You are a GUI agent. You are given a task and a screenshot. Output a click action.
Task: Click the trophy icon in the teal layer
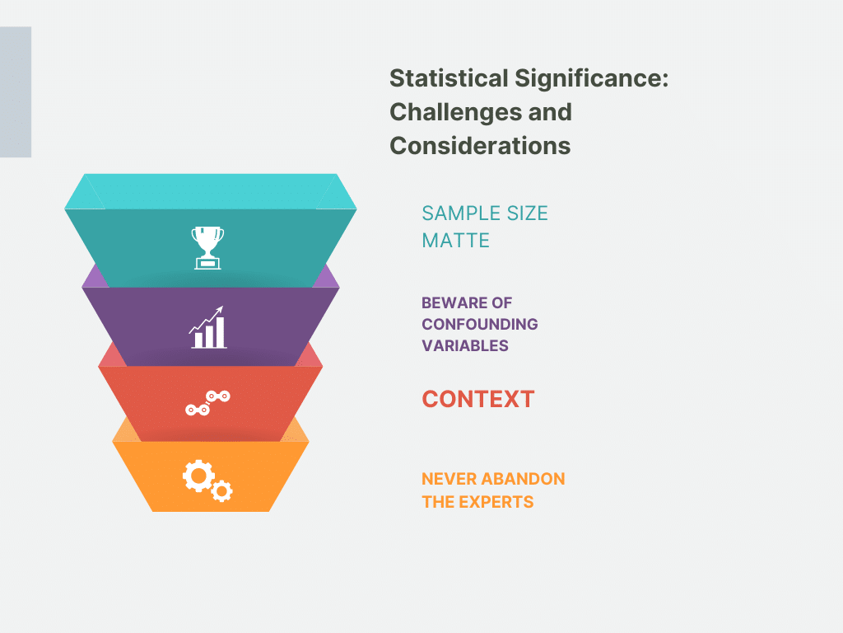[207, 247]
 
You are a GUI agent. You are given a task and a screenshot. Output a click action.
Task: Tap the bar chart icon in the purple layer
[207, 327]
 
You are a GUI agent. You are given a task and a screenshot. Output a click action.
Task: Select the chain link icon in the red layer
[207, 403]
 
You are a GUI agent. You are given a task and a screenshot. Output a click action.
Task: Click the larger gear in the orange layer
[198, 476]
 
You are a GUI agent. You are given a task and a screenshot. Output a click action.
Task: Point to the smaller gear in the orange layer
[221, 491]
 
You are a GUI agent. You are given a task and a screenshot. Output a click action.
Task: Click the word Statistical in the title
[449, 78]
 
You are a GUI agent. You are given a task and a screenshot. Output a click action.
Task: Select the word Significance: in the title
[592, 78]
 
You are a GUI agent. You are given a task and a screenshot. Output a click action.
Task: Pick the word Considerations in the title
[480, 146]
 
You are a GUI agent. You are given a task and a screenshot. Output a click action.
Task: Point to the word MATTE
[456, 241]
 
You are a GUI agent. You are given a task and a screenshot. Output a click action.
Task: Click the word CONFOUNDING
[480, 324]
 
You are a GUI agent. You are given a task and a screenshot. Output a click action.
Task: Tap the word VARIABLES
[465, 345]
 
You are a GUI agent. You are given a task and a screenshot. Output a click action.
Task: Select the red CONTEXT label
[478, 400]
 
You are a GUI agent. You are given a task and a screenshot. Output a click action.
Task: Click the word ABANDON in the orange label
[523, 479]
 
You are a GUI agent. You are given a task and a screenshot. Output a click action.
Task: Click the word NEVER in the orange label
[449, 479]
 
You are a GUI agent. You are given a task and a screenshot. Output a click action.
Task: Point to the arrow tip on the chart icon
[221, 308]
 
